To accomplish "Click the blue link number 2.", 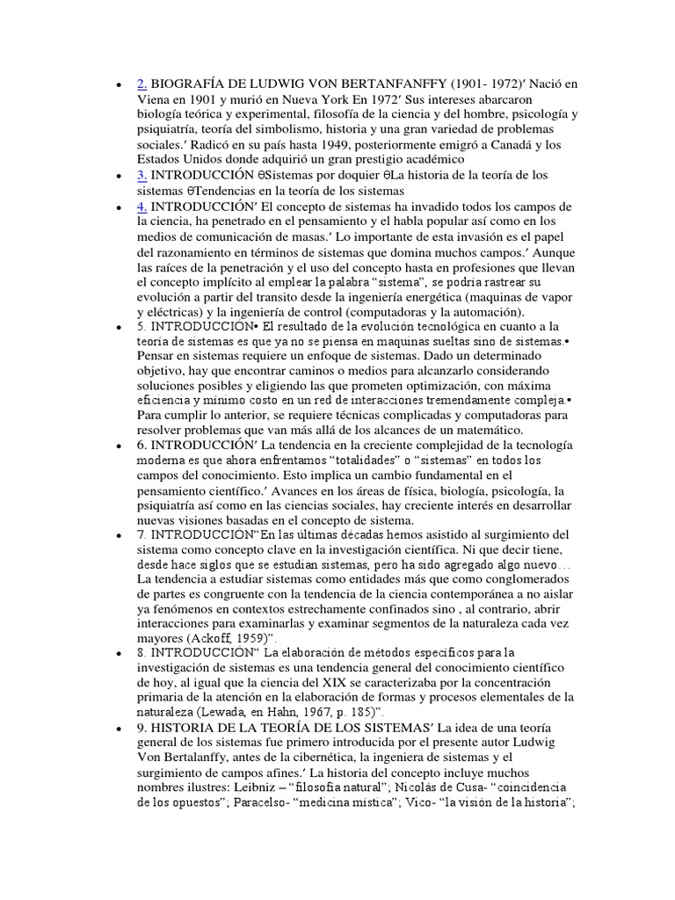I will coord(142,84).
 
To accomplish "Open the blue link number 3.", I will coord(142,175).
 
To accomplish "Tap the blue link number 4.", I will coord(142,206).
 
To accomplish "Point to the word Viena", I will coord(155,99).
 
